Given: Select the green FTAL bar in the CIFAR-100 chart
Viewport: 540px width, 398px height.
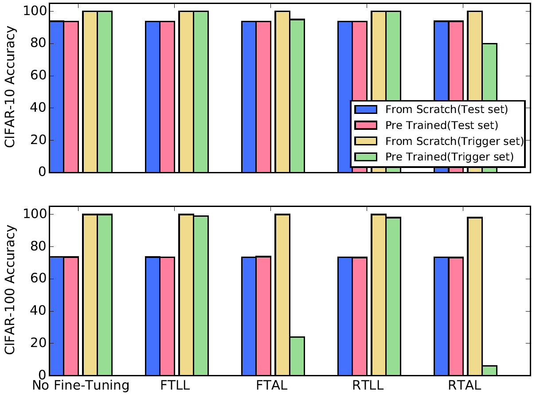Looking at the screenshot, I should pyautogui.click(x=297, y=356).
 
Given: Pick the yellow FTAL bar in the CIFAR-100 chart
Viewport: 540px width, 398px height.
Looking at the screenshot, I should pyautogui.click(x=282, y=295).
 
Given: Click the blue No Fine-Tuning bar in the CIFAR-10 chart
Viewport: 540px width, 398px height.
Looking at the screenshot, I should pyautogui.click(x=56, y=97).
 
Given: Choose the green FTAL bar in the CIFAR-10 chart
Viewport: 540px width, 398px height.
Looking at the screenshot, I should pyautogui.click(x=297, y=96).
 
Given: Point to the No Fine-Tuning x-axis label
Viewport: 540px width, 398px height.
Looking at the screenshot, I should pyautogui.click(x=81, y=386).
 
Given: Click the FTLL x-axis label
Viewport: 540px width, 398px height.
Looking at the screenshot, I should pyautogui.click(x=176, y=386).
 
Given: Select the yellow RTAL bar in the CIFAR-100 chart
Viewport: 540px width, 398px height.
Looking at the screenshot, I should pyautogui.click(x=475, y=297).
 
